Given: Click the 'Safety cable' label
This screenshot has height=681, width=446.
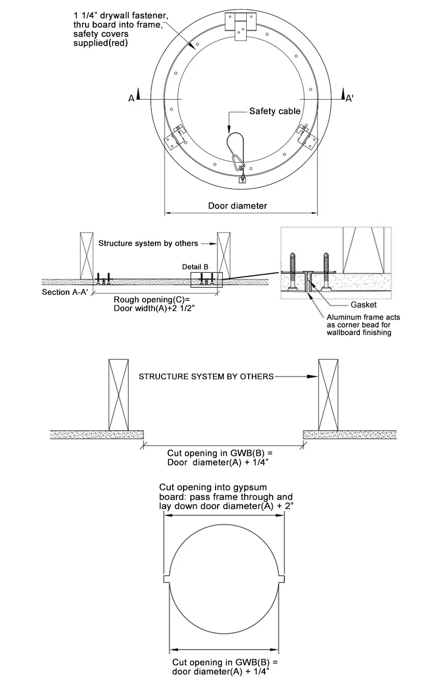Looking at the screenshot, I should pyautogui.click(x=274, y=111).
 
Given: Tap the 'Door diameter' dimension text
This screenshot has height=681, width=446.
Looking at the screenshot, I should pyautogui.click(x=238, y=206).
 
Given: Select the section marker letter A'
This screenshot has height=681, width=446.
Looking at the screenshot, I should pyautogui.click(x=350, y=98).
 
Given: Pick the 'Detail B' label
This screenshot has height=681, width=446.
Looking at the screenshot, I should pyautogui.click(x=195, y=267).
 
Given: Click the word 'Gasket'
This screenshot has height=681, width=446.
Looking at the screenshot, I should pyautogui.click(x=363, y=305).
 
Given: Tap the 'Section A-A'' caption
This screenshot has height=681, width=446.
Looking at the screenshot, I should pyautogui.click(x=63, y=292).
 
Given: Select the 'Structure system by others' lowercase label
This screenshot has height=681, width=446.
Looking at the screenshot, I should pyautogui.click(x=148, y=243).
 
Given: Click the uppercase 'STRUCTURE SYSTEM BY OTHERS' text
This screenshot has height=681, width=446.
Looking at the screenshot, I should pyautogui.click(x=206, y=377).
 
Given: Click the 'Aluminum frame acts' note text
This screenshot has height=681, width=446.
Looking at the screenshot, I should pyautogui.click(x=363, y=318).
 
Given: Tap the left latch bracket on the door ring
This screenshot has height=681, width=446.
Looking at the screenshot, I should pyautogui.click(x=174, y=135).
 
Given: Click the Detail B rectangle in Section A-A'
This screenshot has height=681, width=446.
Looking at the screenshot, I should pyautogui.click(x=206, y=279).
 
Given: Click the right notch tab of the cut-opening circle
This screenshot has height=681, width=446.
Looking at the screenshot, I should pyautogui.click(x=281, y=579).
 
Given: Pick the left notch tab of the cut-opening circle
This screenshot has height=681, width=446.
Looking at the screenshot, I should pyautogui.click(x=167, y=579).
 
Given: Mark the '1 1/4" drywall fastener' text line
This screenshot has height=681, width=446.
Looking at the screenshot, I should pyautogui.click(x=120, y=16).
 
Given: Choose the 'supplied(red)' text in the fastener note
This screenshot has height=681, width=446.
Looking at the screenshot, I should pyautogui.click(x=100, y=43).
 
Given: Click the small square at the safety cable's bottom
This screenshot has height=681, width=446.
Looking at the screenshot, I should pyautogui.click(x=243, y=179).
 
